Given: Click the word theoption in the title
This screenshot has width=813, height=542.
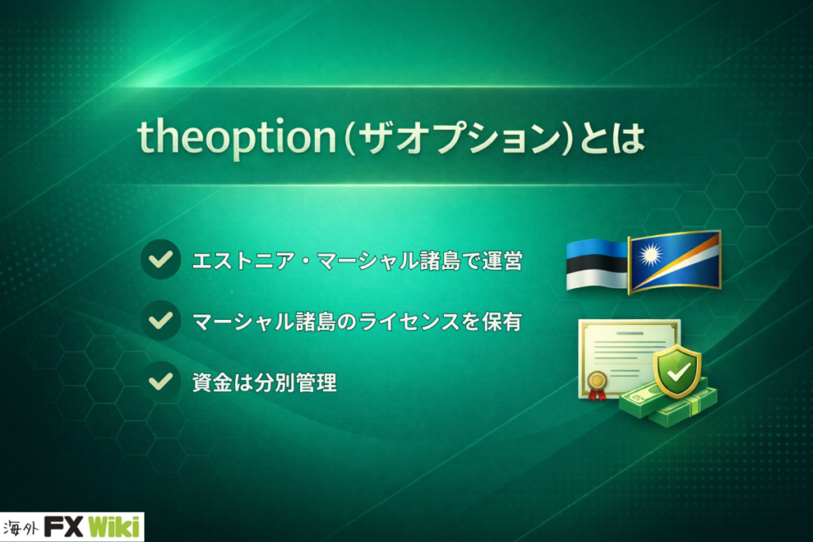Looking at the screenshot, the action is click(237, 136).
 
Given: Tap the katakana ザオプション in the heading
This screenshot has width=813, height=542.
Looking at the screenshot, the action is click(459, 138).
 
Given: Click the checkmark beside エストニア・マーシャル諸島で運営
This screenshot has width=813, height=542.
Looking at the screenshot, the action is click(160, 259).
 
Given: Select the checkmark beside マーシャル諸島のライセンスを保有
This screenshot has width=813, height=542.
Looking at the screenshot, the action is click(160, 321).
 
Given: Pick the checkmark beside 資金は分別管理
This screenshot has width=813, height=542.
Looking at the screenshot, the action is click(160, 382).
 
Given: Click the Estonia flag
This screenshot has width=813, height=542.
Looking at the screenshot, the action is click(597, 264).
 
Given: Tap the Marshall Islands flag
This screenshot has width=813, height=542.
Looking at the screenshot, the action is click(675, 262).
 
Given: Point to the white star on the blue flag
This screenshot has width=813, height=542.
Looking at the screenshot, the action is click(649, 255).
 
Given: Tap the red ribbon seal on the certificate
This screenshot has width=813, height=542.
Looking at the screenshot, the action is click(597, 386).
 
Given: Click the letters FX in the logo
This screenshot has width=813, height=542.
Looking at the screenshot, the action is click(64, 528).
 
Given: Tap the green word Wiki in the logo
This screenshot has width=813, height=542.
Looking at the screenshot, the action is click(114, 528).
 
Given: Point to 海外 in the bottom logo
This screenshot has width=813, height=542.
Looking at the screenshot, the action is click(21, 529).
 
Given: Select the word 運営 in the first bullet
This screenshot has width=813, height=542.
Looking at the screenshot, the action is click(502, 260).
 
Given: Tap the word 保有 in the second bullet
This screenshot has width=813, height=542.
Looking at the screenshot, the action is click(502, 321).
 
